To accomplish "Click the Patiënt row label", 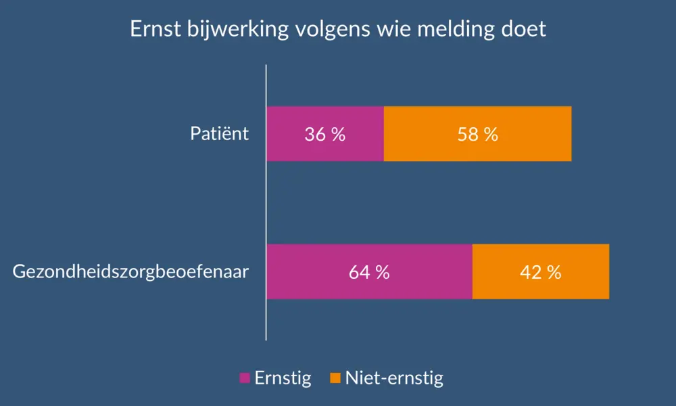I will [219, 133].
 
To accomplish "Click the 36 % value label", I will [325, 134].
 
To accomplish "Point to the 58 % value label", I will [477, 134].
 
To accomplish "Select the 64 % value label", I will [369, 272].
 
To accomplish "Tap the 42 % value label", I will [541, 272].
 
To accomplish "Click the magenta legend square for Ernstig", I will [245, 378].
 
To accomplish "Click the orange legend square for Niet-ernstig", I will [335, 378].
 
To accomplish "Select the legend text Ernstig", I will [283, 378].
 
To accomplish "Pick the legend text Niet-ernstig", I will [394, 378].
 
